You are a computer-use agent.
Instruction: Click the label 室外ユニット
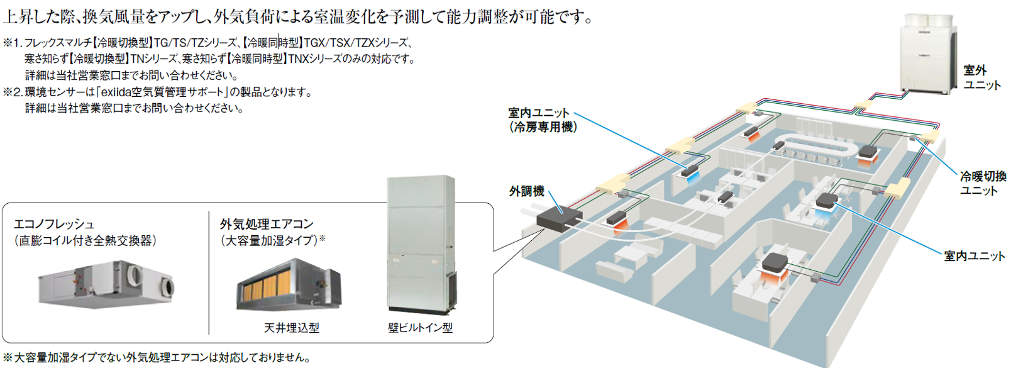pos(982,77)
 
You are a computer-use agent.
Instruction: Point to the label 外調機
pos(526,191)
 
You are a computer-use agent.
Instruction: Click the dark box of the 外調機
pos(559,218)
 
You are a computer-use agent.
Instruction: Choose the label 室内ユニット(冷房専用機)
pos(543,120)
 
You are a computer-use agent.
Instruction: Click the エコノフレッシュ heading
pos(53,224)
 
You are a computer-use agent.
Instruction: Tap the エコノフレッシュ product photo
pos(106,284)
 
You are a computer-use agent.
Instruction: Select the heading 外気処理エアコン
pos(267,224)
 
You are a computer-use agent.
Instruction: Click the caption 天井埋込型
pos(291,328)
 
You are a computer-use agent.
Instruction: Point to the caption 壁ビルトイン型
pos(420,328)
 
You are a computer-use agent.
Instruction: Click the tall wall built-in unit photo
pos(421,245)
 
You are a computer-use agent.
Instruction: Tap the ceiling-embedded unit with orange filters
pos(289,284)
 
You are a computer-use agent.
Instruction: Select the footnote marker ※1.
pos(13,43)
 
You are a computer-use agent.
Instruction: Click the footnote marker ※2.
pos(13,92)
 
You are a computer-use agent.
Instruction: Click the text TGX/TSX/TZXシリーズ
pos(356,43)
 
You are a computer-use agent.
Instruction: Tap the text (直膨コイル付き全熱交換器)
pos(85,241)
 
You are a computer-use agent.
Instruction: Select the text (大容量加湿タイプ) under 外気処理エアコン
pos(269,241)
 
